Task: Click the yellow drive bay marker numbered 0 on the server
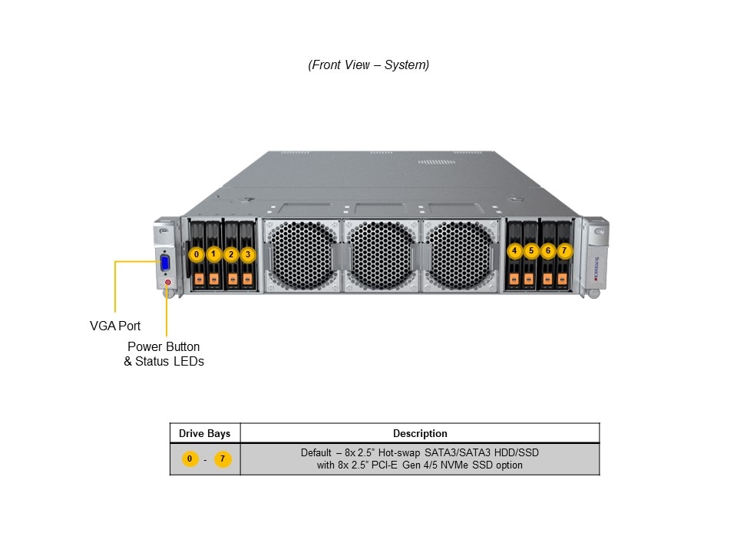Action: [197, 253]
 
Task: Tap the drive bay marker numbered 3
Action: [247, 253]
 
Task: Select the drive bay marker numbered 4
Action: [514, 250]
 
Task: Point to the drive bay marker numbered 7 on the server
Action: [564, 250]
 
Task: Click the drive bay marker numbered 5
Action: [531, 250]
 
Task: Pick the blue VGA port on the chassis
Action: [165, 265]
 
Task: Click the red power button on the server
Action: [167, 283]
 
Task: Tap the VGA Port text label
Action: [115, 326]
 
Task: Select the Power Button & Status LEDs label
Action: [164, 353]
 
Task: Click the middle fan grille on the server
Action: [382, 256]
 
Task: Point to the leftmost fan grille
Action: [302, 256]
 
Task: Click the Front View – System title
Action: [368, 65]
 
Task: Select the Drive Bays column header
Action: [204, 433]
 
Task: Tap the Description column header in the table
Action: [420, 433]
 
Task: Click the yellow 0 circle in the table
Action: [189, 459]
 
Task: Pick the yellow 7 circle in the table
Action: [223, 459]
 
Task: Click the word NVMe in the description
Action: [456, 465]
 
